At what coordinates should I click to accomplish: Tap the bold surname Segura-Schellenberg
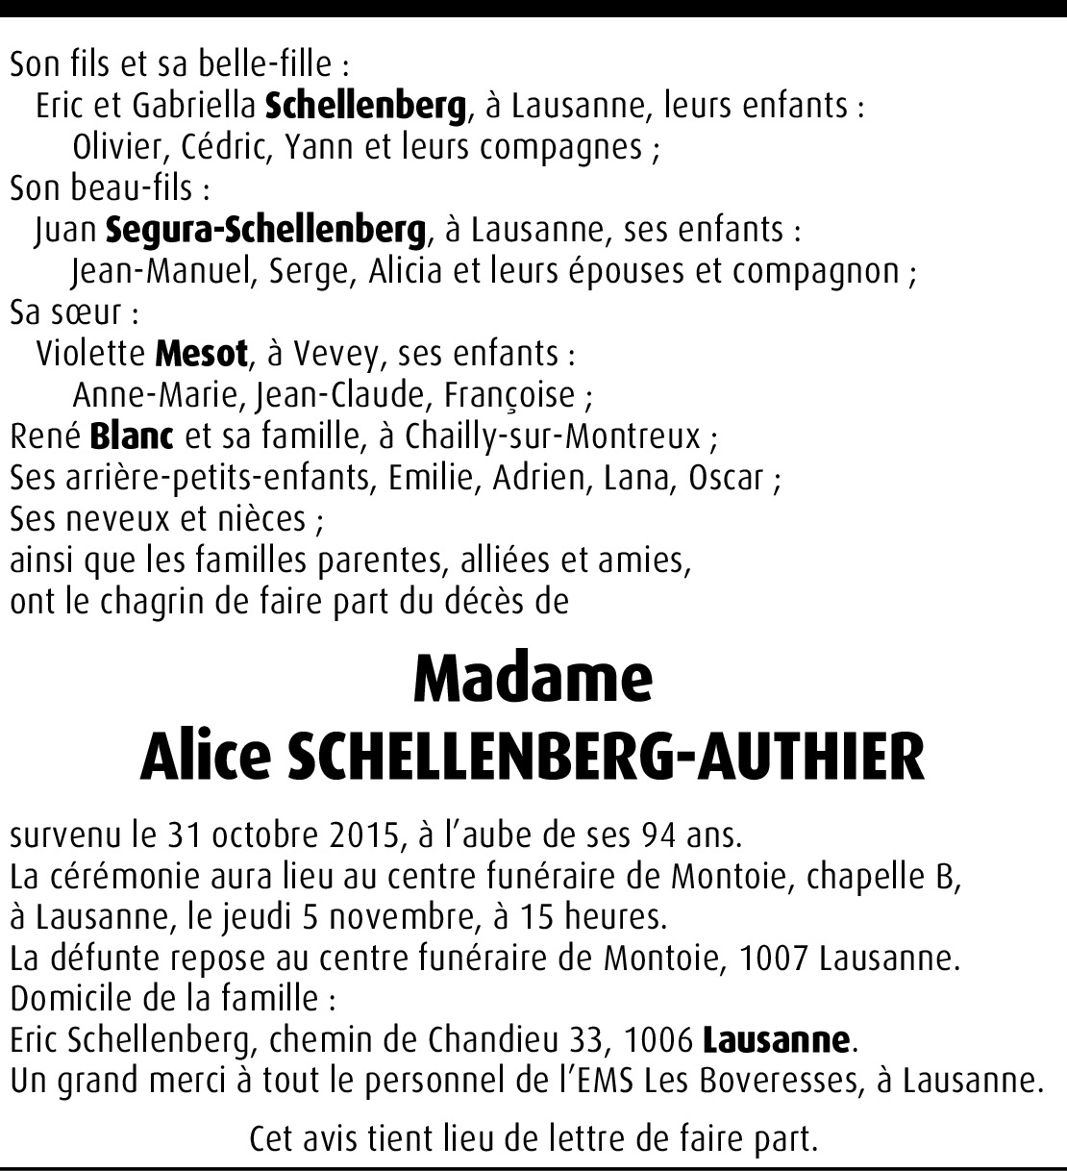(x=264, y=230)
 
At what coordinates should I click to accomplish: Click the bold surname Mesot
(x=201, y=354)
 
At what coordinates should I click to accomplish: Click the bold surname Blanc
(x=132, y=436)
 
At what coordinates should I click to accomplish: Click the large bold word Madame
(x=533, y=679)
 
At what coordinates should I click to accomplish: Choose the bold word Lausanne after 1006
(x=777, y=1040)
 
